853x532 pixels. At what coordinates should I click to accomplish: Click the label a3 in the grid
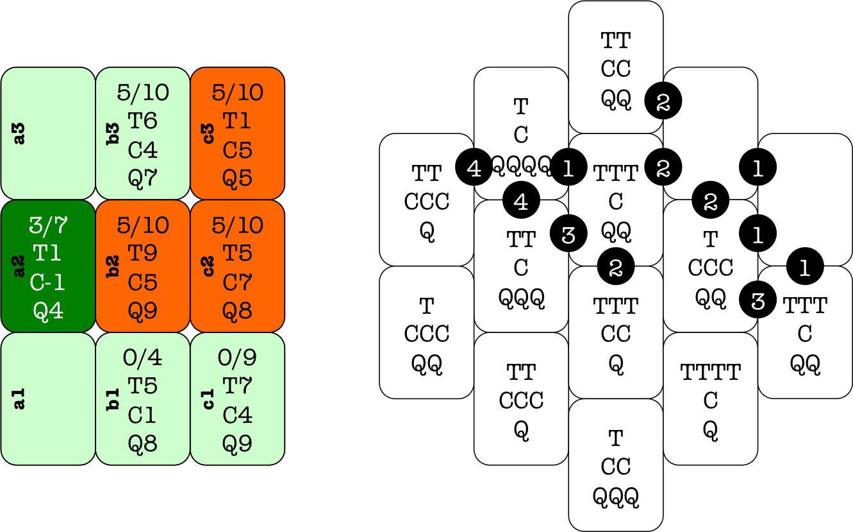click(20, 133)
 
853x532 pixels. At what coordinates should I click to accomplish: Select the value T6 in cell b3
click(142, 121)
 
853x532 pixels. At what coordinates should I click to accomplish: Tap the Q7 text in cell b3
click(142, 178)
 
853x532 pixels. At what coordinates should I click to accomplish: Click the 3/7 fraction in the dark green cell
click(48, 225)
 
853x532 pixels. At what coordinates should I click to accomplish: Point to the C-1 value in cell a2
click(48, 282)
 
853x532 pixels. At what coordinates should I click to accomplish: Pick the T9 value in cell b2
click(142, 253)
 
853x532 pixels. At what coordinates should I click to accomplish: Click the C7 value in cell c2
click(237, 282)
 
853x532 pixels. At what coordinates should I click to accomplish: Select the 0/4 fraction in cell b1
click(142, 357)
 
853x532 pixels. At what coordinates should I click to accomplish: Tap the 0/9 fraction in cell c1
click(237, 357)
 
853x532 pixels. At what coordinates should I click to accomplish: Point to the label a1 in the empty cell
click(20, 399)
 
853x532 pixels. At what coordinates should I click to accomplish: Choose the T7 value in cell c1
click(237, 386)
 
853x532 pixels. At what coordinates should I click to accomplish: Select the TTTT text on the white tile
click(710, 372)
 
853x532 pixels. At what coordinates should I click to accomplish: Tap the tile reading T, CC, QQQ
click(616, 465)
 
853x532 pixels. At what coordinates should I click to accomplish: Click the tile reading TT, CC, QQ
click(616, 67)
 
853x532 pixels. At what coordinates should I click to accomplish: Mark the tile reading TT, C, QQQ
click(521, 266)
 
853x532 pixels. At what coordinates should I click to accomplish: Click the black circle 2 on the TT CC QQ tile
click(663, 101)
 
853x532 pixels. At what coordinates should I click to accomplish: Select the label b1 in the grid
click(115, 399)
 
